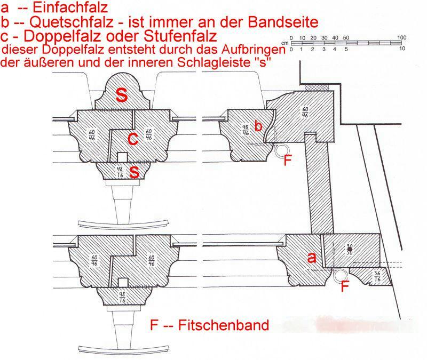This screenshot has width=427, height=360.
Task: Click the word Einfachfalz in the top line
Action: pyautogui.click(x=70, y=7)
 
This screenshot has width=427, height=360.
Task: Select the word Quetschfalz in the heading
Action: pyautogui.click(x=72, y=22)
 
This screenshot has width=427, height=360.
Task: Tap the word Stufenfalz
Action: pyautogui.click(x=180, y=36)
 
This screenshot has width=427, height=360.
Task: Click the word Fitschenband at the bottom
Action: pyautogui.click(x=224, y=325)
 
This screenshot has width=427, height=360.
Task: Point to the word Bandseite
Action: pyautogui.click(x=283, y=22)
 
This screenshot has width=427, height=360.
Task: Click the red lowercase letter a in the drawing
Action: pyautogui.click(x=312, y=257)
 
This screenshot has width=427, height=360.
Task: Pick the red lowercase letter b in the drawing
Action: pyautogui.click(x=258, y=126)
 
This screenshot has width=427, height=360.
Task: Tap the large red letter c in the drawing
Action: pyautogui.click(x=132, y=139)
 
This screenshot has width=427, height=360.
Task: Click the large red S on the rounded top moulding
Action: pyautogui.click(x=122, y=94)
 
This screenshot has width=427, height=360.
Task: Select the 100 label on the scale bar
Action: pyautogui.click(x=402, y=37)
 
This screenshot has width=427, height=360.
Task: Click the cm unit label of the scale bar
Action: pyautogui.click(x=285, y=43)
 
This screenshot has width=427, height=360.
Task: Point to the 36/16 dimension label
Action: pyautogui.click(x=377, y=276)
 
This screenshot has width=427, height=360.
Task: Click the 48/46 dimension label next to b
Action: pyautogui.click(x=246, y=130)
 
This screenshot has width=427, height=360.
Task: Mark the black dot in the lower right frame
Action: pyautogui.click(x=350, y=249)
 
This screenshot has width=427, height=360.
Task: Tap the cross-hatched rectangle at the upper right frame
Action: pyautogui.click(x=317, y=87)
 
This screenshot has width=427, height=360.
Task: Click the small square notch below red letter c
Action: pyautogui.click(x=122, y=157)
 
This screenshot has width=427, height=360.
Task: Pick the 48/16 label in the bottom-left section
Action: pyautogui.click(x=122, y=297)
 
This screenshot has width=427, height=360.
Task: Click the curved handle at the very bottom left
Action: pyautogui.click(x=124, y=351)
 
